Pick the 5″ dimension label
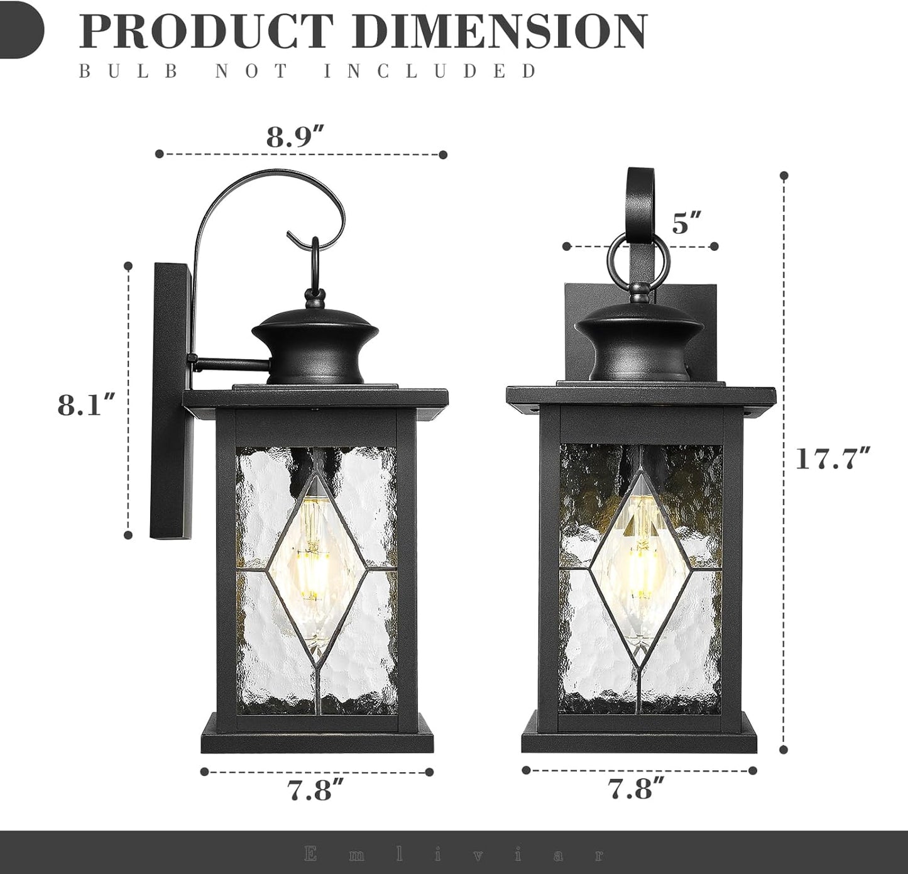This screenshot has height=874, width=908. [686, 223]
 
